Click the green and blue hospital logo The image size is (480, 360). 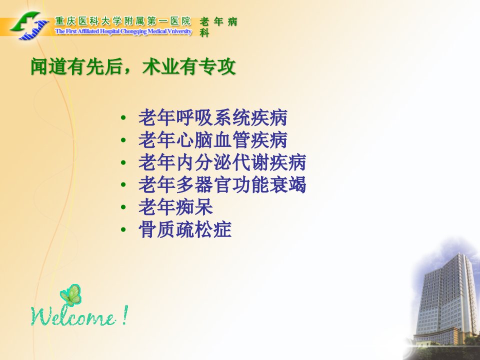(29, 25)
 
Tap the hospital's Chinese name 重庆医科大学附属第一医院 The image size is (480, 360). (123, 21)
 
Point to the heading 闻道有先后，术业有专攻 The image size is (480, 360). (133, 66)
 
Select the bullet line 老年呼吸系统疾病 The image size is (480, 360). (213, 117)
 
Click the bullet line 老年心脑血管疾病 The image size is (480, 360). (213, 140)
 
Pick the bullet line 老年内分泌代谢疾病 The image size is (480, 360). (222, 162)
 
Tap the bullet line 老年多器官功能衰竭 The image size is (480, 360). (222, 184)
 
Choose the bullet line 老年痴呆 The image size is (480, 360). (175, 207)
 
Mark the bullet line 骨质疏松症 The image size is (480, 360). (185, 229)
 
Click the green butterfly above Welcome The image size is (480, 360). (71, 295)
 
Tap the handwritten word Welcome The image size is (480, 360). (73, 316)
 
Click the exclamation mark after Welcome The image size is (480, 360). (124, 315)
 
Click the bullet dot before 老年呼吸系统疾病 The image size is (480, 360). (123, 118)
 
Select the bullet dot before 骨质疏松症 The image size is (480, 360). (123, 229)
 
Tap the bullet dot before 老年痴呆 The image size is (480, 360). (123, 207)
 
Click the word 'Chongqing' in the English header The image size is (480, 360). (134, 31)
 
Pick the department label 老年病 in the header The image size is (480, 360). (218, 21)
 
